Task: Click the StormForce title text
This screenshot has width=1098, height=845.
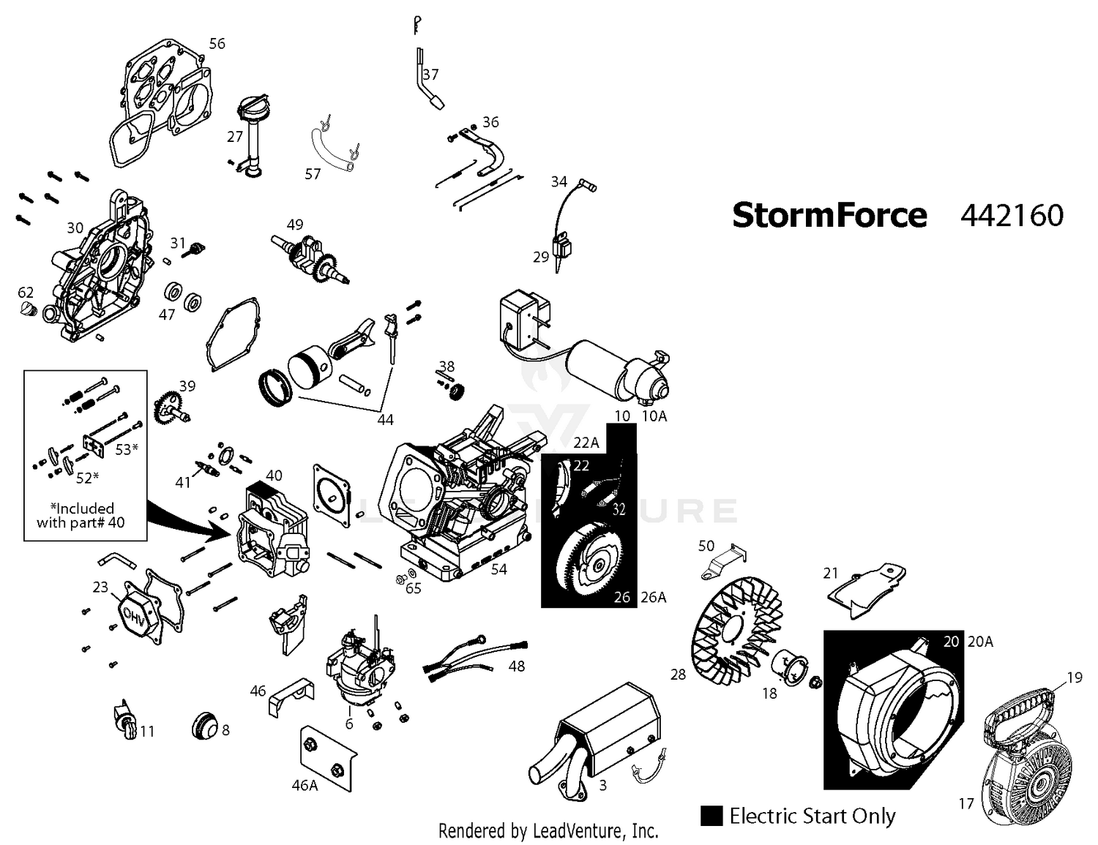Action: pyautogui.click(x=829, y=216)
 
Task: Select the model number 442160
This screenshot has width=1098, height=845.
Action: pyautogui.click(x=1012, y=216)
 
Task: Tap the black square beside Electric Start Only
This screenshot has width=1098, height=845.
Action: pyautogui.click(x=712, y=816)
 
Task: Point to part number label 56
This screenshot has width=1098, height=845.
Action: pyautogui.click(x=217, y=44)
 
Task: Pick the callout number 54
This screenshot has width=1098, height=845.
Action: pyautogui.click(x=498, y=569)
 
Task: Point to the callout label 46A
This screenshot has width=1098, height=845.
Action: pyautogui.click(x=305, y=786)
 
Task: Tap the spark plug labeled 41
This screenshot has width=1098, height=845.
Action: pyautogui.click(x=206, y=469)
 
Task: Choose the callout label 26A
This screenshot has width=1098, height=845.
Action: pyautogui.click(x=654, y=598)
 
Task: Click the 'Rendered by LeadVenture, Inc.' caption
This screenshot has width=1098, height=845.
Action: pyautogui.click(x=548, y=830)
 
